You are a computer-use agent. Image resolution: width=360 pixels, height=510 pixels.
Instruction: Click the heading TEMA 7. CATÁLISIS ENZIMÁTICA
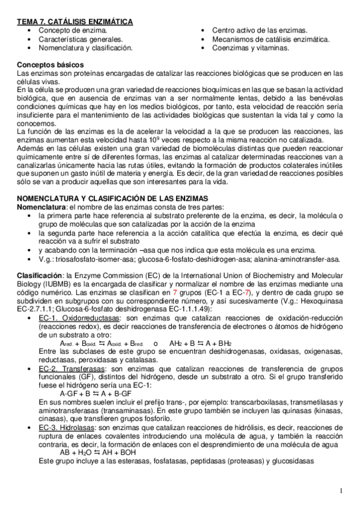(x=75, y=22)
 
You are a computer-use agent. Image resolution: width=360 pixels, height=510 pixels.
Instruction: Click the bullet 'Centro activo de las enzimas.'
(x=260, y=30)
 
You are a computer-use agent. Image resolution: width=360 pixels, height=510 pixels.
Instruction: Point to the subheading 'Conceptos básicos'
(x=50, y=64)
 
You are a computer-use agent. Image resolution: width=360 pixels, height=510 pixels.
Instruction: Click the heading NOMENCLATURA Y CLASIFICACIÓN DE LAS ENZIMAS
(x=112, y=198)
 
